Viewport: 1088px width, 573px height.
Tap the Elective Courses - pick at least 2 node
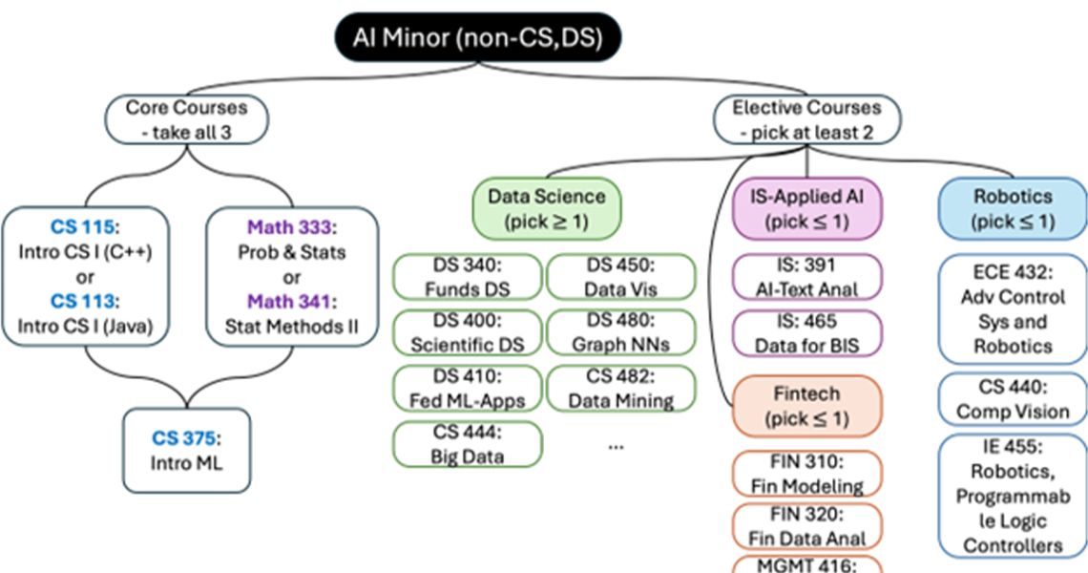point(807,119)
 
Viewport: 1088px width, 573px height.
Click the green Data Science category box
point(546,208)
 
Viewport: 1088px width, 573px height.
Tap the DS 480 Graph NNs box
point(620,331)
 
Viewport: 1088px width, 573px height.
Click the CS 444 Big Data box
point(467,444)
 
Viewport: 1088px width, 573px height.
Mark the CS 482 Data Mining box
point(620,388)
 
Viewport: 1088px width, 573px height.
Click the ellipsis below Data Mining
point(616,445)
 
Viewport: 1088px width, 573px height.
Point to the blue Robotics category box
point(1013,208)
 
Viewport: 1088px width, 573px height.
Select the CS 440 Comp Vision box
point(1013,400)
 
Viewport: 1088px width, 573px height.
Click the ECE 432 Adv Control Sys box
point(1013,308)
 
